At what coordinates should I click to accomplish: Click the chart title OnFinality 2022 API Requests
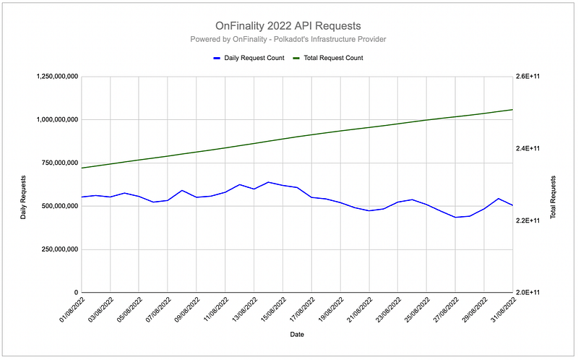288,25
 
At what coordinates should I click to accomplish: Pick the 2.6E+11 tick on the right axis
532,76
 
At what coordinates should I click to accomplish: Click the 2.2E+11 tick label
532,220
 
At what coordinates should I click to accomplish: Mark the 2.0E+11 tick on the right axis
532,293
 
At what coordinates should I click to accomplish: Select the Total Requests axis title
554,197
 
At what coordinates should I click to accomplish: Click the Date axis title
297,335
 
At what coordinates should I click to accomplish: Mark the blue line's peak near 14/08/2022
268,182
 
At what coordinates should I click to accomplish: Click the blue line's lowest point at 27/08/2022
455,217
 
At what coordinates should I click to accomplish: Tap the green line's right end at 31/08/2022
512,110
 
